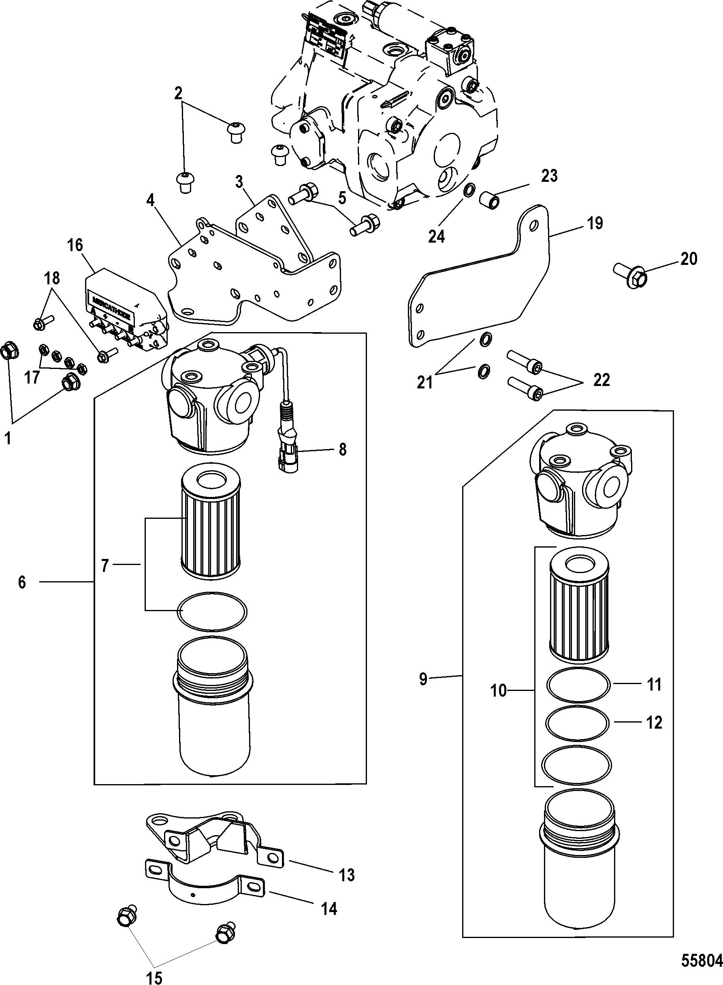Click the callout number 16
pos(75,245)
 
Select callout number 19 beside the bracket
pos(595,224)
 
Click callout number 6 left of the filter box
pos(22,582)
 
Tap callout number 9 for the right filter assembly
pos(423,680)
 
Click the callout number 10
pos(499,691)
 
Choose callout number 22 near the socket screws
pos(601,380)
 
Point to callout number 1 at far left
pos(7,437)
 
